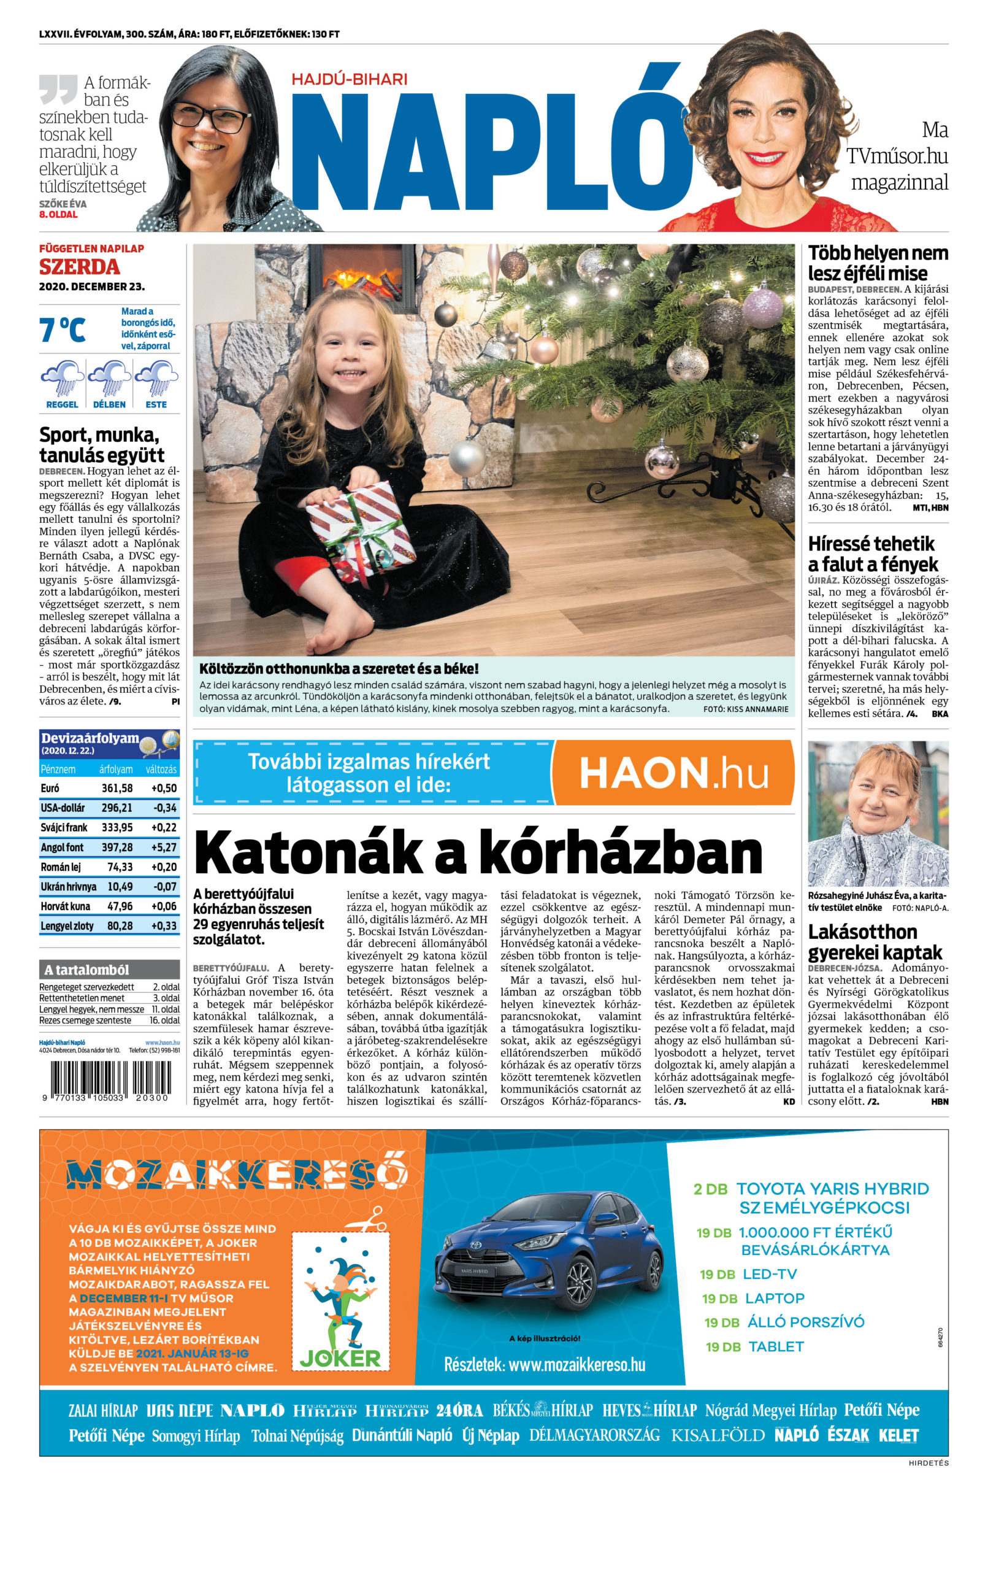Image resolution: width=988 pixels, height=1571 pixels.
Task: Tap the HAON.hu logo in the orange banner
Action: tap(673, 773)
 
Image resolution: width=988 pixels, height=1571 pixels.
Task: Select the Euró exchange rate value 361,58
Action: tap(117, 788)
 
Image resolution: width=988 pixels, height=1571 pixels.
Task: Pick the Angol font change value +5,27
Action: tap(164, 847)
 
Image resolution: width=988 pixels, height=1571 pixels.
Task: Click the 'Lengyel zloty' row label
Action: tap(67, 926)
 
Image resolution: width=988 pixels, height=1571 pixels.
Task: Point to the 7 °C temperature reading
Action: tap(63, 330)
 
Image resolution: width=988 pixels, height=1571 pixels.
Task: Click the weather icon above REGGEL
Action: tap(62, 379)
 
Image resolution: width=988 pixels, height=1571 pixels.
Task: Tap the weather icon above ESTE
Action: tap(156, 379)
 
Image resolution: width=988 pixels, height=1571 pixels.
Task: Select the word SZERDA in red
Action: tap(80, 267)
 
